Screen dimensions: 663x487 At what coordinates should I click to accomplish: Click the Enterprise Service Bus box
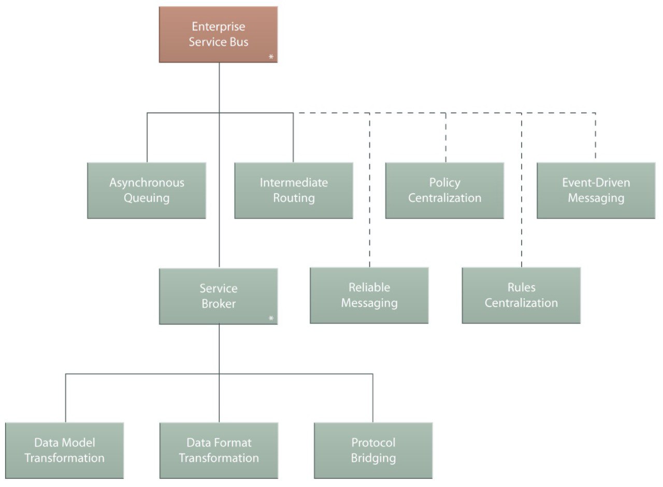219,34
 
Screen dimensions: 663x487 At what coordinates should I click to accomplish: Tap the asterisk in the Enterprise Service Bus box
271,56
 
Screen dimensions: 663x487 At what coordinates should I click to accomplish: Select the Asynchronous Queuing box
147,190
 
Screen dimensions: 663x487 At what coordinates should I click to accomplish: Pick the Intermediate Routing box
294,190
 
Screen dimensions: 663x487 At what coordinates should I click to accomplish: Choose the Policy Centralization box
444,190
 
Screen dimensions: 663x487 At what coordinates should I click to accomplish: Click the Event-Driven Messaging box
596,190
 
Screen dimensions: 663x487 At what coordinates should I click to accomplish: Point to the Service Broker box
219,296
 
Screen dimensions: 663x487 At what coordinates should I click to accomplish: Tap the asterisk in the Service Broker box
271,319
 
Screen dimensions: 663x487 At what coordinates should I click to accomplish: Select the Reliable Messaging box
369,295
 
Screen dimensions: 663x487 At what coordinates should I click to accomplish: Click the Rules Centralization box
521,295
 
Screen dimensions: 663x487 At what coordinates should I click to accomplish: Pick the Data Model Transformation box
65,451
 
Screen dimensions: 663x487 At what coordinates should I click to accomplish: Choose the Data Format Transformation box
219,451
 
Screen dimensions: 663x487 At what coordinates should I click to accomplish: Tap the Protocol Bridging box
373,451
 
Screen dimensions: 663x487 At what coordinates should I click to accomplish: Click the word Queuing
147,198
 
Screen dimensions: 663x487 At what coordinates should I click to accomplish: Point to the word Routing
294,198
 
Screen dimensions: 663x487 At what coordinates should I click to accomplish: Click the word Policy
444,183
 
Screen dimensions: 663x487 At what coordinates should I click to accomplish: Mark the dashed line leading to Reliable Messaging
369,190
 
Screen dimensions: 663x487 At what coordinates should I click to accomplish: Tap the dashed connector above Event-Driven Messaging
596,136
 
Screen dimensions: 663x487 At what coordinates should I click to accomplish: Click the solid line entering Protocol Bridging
372,398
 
